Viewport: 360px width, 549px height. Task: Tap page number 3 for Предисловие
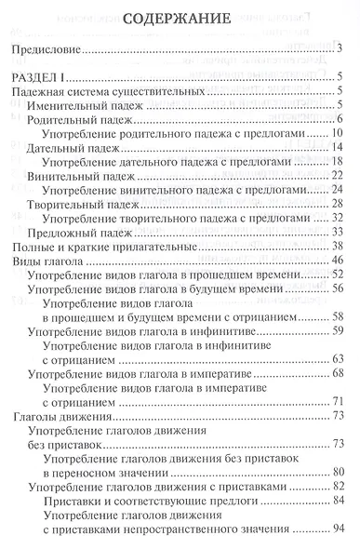[342, 48]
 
